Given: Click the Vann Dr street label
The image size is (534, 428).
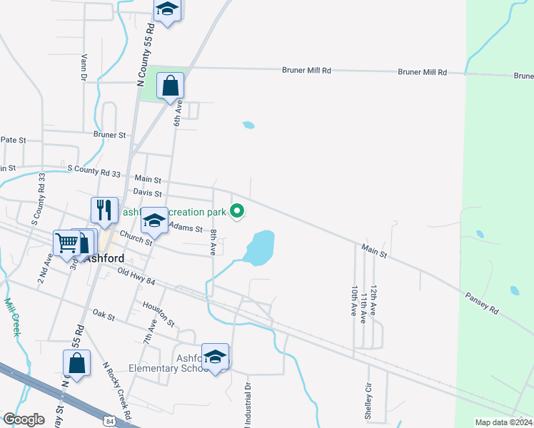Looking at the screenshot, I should (84, 67).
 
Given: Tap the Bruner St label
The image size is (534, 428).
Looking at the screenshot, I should (109, 134).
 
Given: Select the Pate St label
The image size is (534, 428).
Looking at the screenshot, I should (13, 141).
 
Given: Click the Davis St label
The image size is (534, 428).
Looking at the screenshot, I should (147, 193).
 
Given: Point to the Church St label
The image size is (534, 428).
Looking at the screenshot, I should (136, 238).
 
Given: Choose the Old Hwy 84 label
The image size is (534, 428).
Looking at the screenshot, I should (136, 277).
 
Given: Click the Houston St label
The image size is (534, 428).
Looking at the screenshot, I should (158, 309).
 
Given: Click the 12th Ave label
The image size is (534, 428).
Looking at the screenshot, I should (373, 299).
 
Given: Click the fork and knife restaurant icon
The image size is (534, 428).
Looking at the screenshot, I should (104, 210).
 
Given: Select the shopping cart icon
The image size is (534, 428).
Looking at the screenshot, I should (66, 242).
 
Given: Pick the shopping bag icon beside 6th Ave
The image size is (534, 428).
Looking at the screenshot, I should (171, 86).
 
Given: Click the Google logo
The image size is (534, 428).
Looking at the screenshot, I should (24, 419).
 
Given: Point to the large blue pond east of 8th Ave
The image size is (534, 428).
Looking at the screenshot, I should (259, 247).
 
